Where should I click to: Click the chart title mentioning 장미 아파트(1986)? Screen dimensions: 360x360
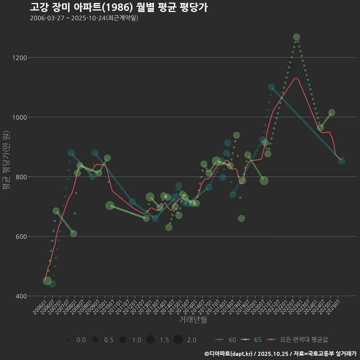point(118,7)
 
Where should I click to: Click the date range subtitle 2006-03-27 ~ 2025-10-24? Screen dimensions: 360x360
point(84,18)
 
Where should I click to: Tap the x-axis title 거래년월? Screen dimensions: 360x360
point(193,319)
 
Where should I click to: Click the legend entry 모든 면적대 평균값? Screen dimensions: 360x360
point(298,340)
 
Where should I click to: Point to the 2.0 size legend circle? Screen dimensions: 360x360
point(178,340)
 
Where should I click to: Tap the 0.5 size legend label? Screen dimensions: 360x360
point(109,340)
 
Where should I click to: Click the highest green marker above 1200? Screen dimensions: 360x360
point(297,37)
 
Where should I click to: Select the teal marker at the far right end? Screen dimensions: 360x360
point(342,161)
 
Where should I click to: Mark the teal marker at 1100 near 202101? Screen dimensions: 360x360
point(271,87)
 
